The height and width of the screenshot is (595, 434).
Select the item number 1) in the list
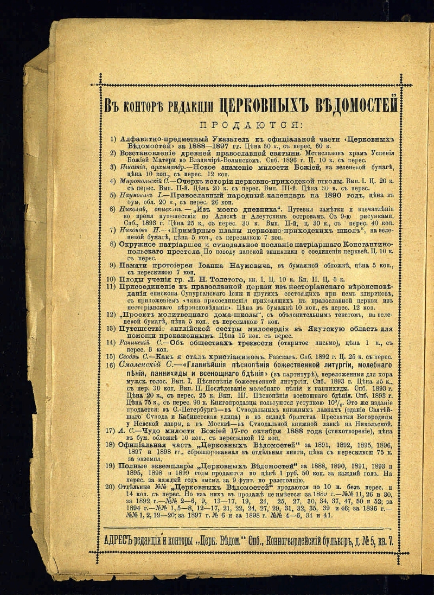[113, 139]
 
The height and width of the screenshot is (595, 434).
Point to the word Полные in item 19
[133, 465]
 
